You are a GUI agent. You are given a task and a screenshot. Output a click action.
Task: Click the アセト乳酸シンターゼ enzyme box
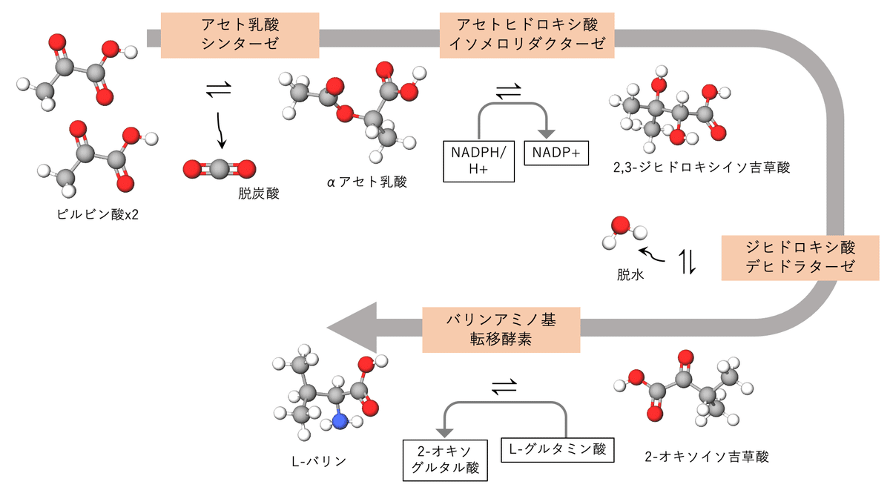click(x=240, y=34)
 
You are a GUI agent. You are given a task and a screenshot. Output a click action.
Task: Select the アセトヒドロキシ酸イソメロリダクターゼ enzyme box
click(x=527, y=34)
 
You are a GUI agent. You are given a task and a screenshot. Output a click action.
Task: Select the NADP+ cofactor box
click(x=556, y=153)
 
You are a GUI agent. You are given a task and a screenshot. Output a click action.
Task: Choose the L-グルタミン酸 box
click(x=558, y=449)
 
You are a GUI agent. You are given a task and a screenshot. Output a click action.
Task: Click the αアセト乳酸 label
click(x=369, y=182)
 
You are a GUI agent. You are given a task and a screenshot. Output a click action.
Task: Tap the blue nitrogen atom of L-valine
click(x=340, y=421)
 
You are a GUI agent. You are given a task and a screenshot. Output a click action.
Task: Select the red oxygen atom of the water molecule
click(x=620, y=225)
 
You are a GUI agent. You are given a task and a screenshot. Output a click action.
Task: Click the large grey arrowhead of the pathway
click(x=352, y=328)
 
